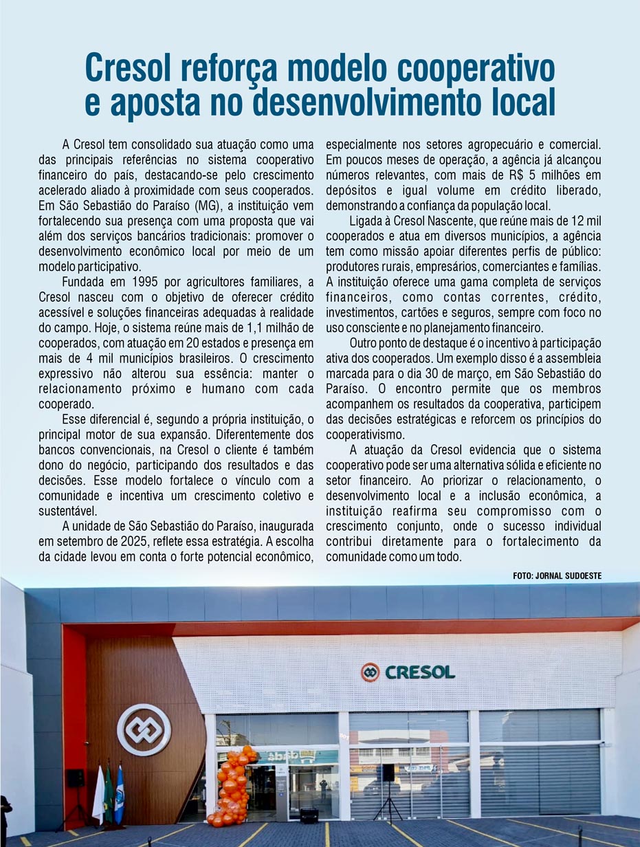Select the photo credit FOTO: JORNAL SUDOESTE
coord(557,576)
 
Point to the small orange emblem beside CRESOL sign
coord(371,672)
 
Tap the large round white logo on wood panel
coord(144,730)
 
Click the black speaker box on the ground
coord(309,815)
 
